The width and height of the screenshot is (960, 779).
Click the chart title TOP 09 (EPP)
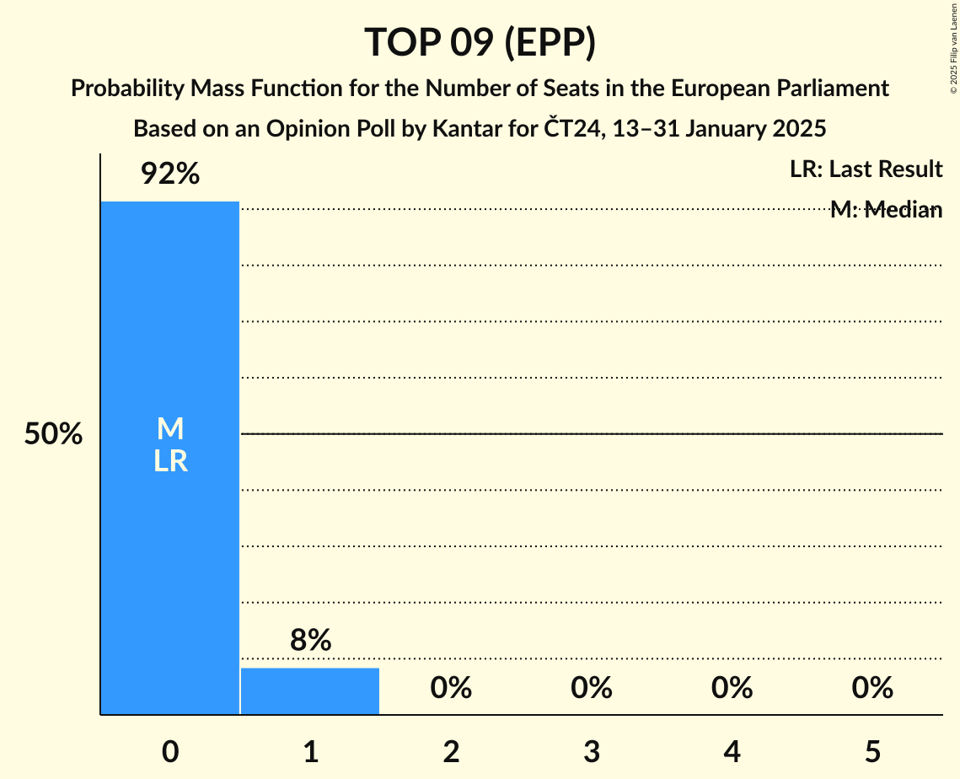(480, 43)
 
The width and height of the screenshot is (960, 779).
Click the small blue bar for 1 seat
(310, 690)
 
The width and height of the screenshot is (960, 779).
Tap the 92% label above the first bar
(170, 174)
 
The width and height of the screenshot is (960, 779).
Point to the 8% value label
(310, 641)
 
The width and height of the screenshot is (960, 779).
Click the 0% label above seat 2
(451, 688)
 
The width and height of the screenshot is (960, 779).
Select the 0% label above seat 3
(591, 688)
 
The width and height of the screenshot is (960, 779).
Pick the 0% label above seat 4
(732, 688)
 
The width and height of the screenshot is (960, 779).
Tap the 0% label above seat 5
(872, 688)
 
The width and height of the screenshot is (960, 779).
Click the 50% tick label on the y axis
(53, 434)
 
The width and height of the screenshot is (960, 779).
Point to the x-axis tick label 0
(170, 751)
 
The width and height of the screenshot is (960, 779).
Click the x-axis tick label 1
(310, 751)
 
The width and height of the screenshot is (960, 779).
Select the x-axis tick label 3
(591, 751)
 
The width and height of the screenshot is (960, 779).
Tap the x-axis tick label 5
(872, 751)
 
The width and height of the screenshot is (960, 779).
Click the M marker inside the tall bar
(170, 429)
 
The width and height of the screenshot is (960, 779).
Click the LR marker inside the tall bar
(170, 461)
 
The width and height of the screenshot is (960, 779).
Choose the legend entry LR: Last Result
(866, 169)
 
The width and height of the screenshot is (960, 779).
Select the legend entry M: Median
(886, 210)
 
